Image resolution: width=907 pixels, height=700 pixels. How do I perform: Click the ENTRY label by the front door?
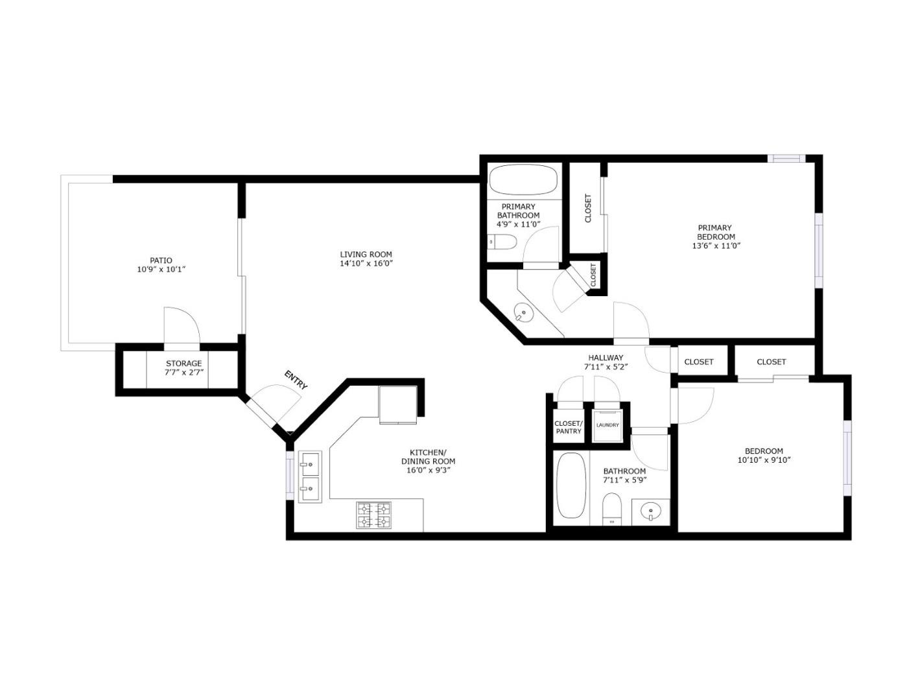pyautogui.click(x=296, y=380)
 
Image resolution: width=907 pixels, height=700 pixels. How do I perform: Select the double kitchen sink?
pyautogui.click(x=310, y=476)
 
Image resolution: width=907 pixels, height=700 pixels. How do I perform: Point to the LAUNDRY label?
pyautogui.click(x=607, y=425)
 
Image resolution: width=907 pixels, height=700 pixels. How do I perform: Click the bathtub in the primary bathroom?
pyautogui.click(x=523, y=180)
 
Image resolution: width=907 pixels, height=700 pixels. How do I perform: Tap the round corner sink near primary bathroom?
pyautogui.click(x=523, y=314)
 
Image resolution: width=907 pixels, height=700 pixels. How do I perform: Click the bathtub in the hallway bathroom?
pyautogui.click(x=571, y=485)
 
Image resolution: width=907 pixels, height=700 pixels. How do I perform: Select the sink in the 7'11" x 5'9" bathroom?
pyautogui.click(x=651, y=512)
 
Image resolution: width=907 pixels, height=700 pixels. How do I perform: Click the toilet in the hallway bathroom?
pyautogui.click(x=611, y=507)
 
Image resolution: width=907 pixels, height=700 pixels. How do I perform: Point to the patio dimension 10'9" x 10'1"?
pyautogui.click(x=161, y=270)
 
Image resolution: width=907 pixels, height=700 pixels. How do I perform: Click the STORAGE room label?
pyautogui.click(x=183, y=364)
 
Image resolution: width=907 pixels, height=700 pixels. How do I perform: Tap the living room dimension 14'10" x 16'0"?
pyautogui.click(x=366, y=264)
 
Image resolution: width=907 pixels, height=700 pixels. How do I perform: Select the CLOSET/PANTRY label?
pyautogui.click(x=568, y=427)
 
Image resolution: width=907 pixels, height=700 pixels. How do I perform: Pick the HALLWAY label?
pyautogui.click(x=606, y=358)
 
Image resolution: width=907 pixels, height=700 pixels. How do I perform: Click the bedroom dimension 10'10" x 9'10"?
pyautogui.click(x=764, y=460)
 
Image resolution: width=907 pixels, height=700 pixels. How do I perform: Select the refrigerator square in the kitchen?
pyautogui.click(x=397, y=404)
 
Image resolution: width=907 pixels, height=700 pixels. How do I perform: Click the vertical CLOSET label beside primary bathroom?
pyautogui.click(x=588, y=208)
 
